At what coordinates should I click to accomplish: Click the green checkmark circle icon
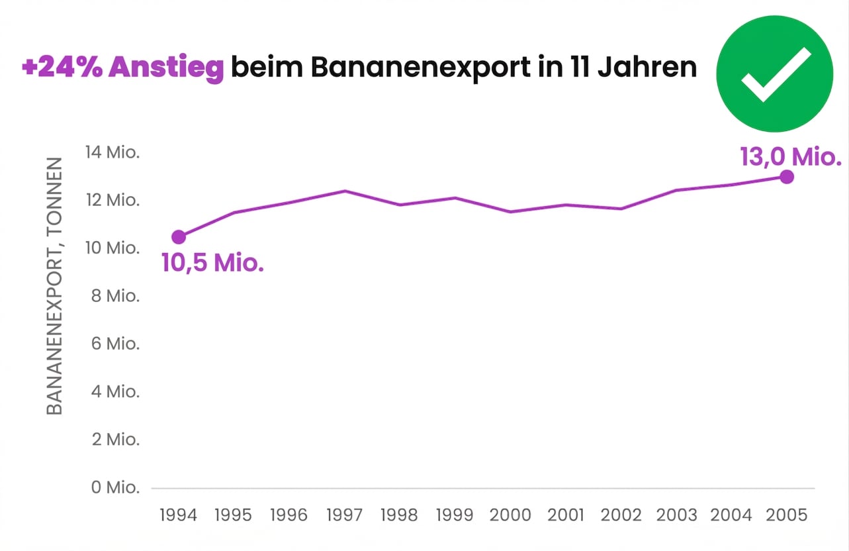[x=775, y=74]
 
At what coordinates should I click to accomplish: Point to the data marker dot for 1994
[x=179, y=237]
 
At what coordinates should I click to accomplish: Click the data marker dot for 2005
[x=786, y=177]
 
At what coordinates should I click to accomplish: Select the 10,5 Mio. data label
[x=212, y=264]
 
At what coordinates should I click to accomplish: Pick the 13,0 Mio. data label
[x=790, y=158]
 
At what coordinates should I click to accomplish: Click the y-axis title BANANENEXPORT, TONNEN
[x=55, y=286]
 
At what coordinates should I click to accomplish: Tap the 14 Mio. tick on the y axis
[x=112, y=152]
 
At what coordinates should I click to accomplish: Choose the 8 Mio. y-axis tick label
[x=114, y=296]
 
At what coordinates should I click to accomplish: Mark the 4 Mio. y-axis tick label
[x=114, y=392]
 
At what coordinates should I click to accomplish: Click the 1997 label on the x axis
[x=344, y=515]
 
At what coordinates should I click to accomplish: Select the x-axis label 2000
[x=510, y=515]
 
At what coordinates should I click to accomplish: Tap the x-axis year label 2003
[x=676, y=515]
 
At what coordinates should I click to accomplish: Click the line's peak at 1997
[x=345, y=191]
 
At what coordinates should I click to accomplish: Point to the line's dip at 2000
[x=510, y=212]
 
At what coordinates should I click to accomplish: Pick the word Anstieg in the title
[x=166, y=68]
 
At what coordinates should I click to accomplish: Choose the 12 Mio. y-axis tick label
[x=112, y=200]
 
